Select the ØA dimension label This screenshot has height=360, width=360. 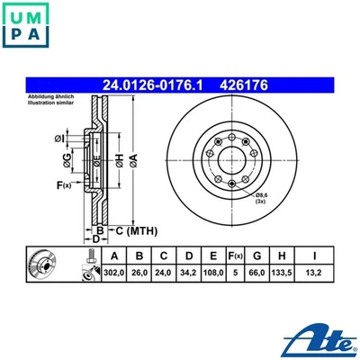pos(133,160)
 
